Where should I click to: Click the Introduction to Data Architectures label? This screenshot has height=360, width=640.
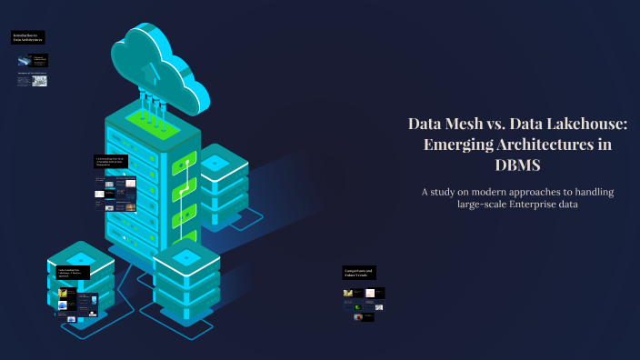click(28, 38)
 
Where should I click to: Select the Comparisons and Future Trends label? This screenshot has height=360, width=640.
click(358, 272)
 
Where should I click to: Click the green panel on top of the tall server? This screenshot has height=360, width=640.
click(149, 119)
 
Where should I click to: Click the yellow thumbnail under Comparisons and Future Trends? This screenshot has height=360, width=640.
click(348, 293)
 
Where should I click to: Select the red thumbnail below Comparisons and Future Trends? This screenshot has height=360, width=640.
click(357, 317)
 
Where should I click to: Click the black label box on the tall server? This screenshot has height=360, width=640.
click(114, 162)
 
